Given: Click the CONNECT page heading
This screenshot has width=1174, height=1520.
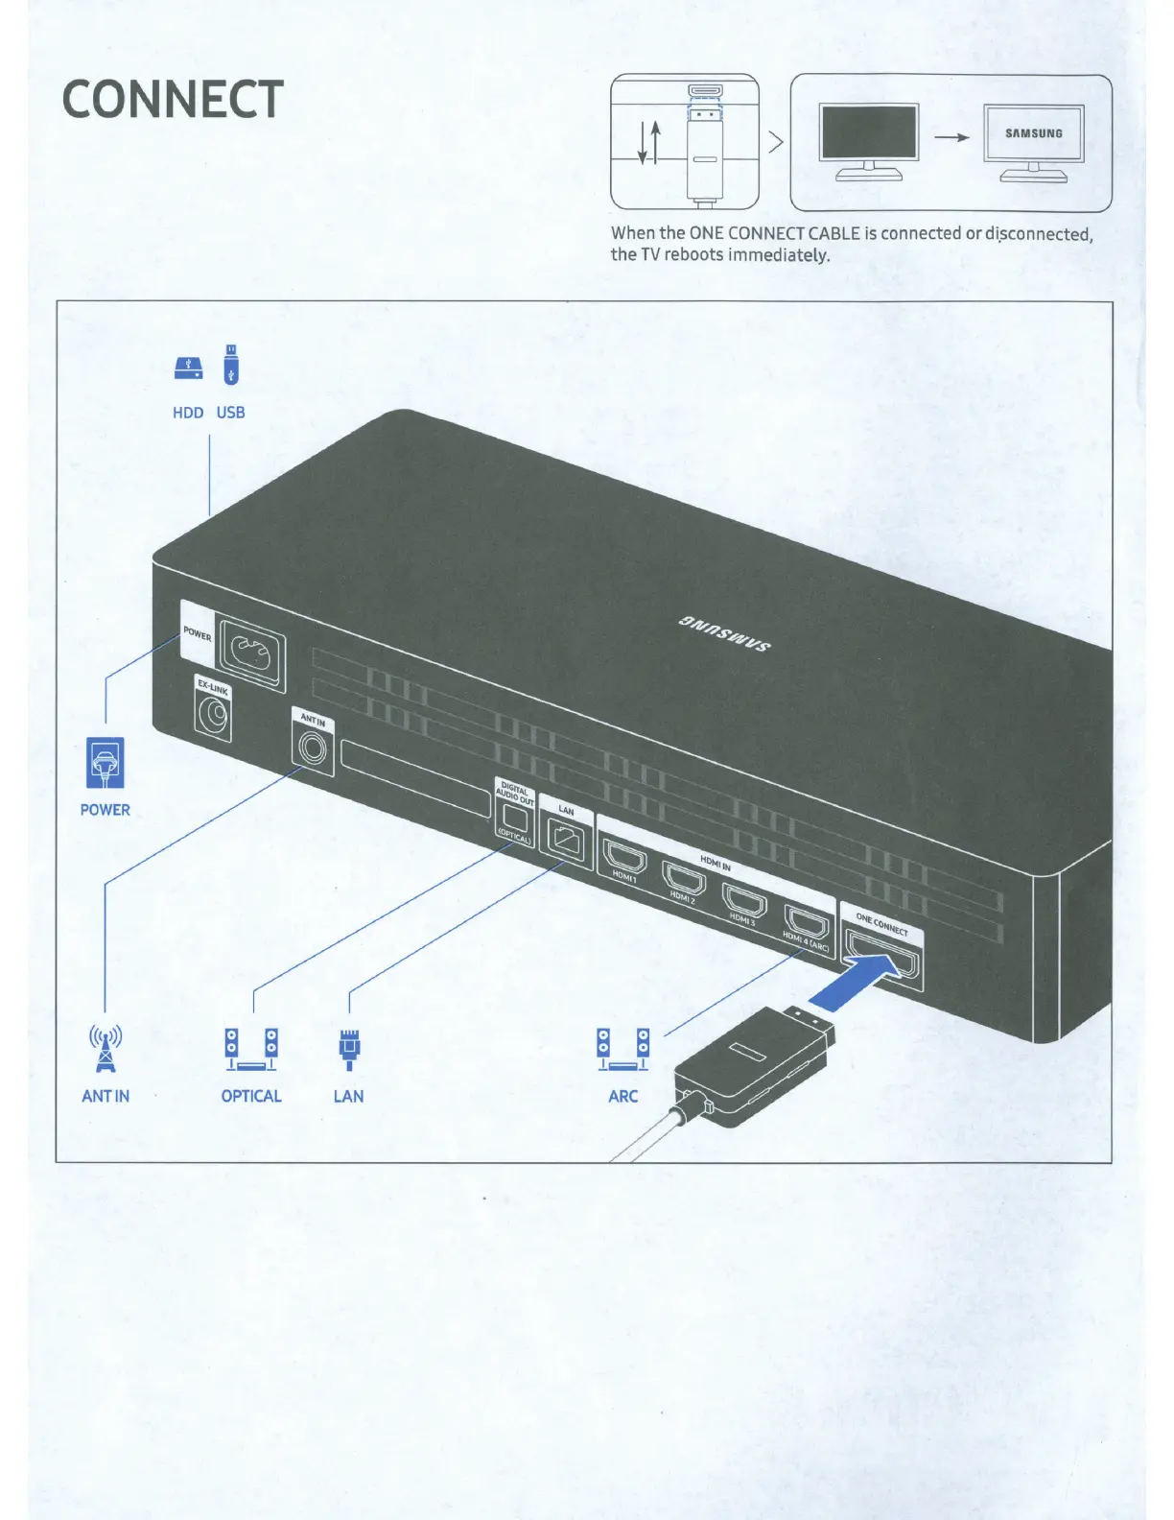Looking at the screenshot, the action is tap(173, 99).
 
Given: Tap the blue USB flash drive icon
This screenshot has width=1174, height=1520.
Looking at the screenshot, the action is tap(231, 365).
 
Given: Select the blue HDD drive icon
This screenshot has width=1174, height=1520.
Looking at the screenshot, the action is tap(189, 368).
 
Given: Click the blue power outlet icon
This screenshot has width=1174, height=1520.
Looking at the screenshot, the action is tap(106, 763).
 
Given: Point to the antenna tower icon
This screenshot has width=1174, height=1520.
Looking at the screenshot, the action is tap(105, 1048).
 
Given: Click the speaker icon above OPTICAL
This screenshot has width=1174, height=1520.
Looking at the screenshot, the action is tap(251, 1049).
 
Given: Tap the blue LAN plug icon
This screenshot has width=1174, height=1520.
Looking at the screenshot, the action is tap(349, 1049).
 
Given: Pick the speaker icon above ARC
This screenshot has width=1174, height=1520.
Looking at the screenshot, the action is tap(623, 1049).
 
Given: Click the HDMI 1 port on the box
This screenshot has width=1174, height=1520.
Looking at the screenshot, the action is tap(625, 855).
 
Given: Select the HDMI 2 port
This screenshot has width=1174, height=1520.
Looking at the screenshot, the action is tap(684, 877).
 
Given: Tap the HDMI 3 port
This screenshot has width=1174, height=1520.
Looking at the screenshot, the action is tap(744, 899).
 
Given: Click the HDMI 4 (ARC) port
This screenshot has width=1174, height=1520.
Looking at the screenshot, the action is tap(807, 921).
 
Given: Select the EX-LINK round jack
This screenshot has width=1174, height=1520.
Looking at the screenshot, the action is tap(213, 716).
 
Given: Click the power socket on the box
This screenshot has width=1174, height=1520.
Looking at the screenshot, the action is tap(252, 655).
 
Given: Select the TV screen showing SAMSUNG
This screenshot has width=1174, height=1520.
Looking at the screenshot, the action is tap(1033, 133).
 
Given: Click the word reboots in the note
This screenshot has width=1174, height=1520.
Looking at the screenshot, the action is tap(693, 254).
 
